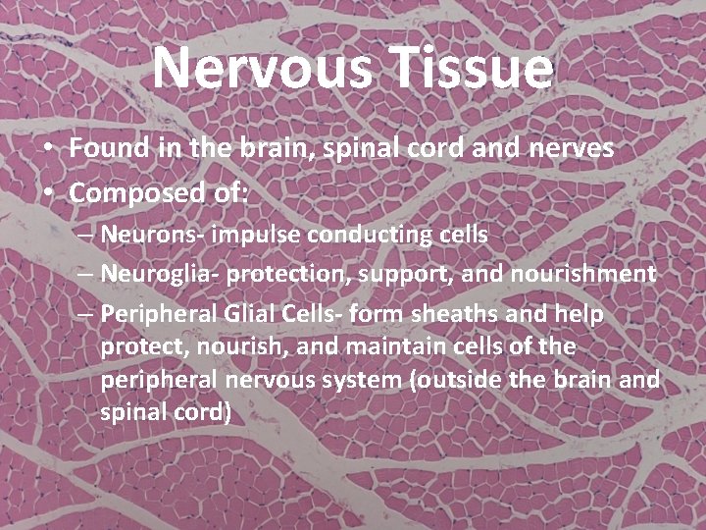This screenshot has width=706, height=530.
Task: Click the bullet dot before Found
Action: click(x=47, y=149)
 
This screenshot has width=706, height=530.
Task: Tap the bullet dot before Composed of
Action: click(x=47, y=193)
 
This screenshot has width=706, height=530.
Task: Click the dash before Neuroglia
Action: click(x=83, y=274)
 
